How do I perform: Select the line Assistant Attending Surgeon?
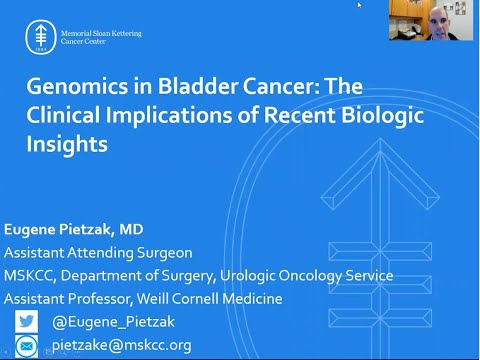click(x=98, y=253)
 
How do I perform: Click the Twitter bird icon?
click(x=27, y=321)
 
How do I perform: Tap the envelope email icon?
click(x=27, y=345)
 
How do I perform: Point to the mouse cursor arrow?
click(x=360, y=5)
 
